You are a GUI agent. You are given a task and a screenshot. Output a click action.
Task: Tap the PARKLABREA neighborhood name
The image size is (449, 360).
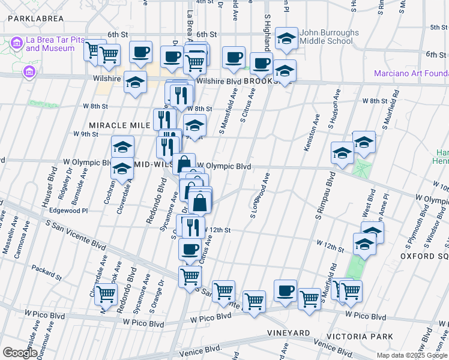35,19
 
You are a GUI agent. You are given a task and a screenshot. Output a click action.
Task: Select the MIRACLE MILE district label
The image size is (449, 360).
119,125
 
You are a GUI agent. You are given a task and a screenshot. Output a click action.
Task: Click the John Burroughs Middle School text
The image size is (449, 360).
330,37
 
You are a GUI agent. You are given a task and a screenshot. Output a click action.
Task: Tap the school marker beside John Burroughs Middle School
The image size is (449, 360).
287,40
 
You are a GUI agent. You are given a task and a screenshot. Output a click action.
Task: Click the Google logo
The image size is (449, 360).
19,353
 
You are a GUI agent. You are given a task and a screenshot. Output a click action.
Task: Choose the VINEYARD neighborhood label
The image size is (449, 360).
289,333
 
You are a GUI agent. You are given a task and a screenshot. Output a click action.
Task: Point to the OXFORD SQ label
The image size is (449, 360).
424,256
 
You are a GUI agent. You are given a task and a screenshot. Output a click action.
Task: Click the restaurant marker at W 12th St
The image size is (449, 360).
193,226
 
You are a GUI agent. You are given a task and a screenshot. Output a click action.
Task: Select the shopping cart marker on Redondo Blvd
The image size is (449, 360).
106,295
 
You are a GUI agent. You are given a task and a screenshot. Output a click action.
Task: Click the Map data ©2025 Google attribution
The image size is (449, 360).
412,355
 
